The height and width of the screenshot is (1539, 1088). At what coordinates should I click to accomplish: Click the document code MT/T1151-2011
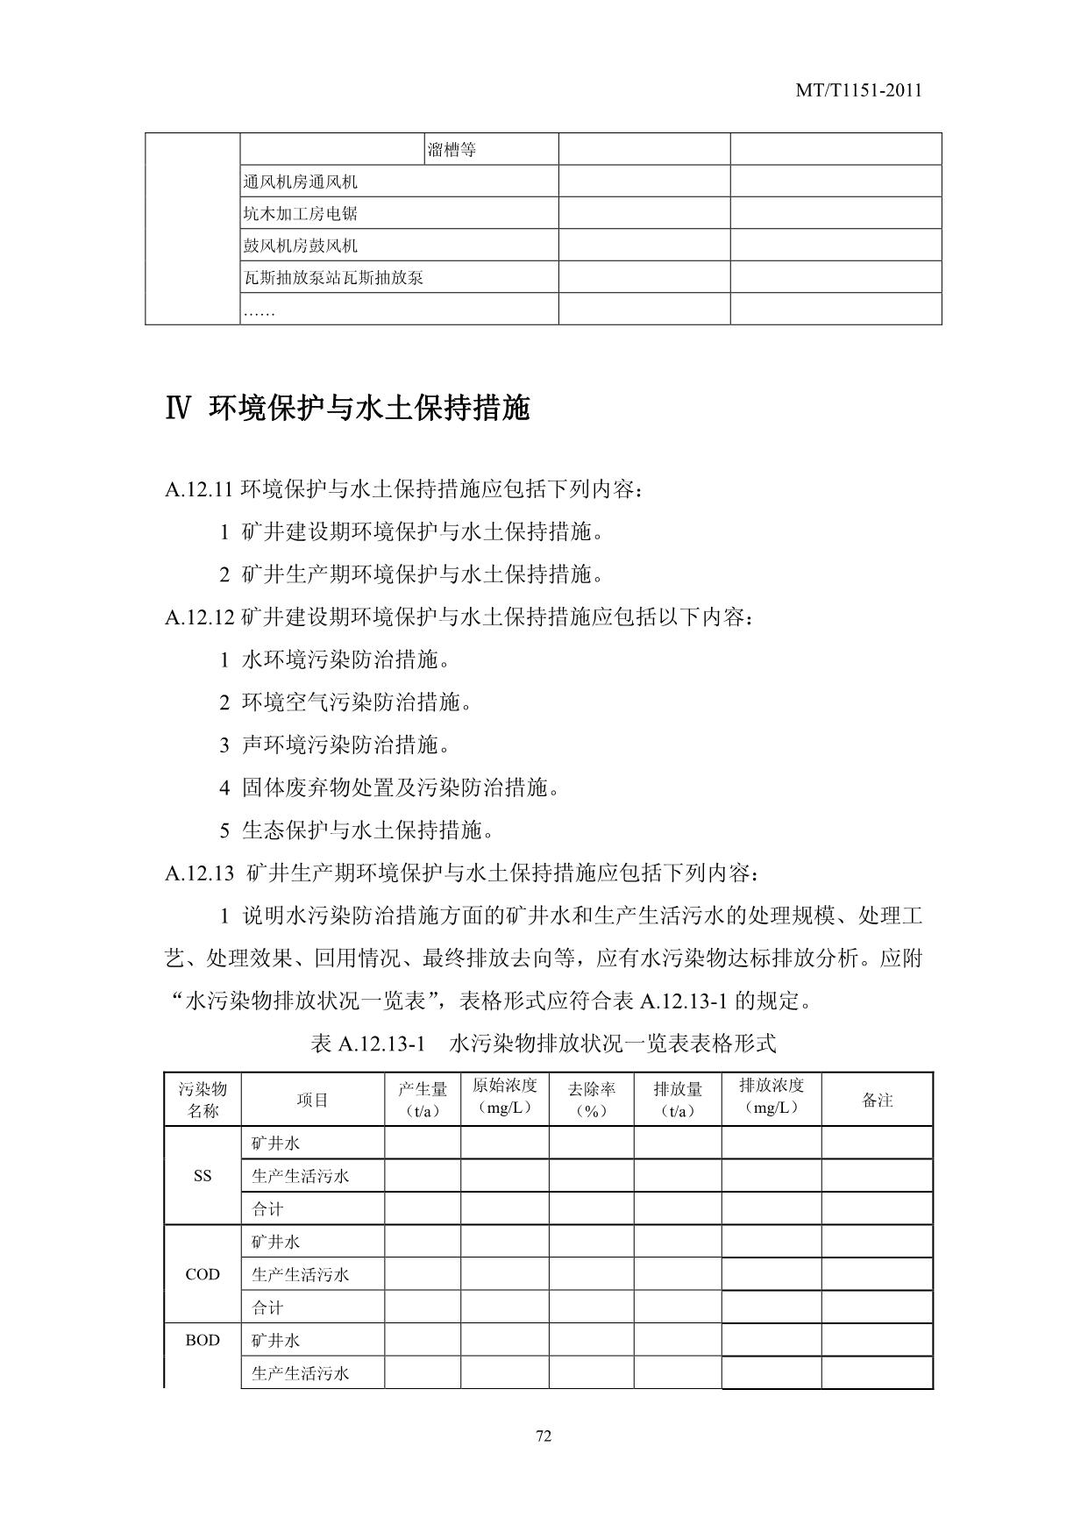[x=858, y=90]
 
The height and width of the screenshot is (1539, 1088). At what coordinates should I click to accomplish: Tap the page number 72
[x=544, y=1436]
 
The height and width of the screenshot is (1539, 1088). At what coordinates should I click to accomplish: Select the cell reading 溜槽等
[x=452, y=150]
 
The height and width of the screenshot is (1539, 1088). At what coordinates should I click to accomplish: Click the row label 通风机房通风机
[x=301, y=182]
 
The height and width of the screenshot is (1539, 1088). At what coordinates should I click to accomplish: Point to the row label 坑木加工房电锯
[x=301, y=214]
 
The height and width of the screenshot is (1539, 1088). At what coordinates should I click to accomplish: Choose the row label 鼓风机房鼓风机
[x=301, y=246]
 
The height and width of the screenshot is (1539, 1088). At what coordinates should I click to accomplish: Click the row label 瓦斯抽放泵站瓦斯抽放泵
[x=333, y=278]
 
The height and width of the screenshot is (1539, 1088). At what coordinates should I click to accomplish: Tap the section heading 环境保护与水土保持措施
[x=369, y=408]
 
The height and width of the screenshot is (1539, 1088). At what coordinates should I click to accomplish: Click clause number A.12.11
[x=199, y=489]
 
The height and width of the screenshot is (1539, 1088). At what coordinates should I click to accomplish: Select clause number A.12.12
[x=199, y=617]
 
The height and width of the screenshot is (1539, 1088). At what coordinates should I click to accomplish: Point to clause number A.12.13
[x=199, y=873]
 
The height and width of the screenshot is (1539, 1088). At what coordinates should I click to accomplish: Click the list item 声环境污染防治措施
[x=346, y=745]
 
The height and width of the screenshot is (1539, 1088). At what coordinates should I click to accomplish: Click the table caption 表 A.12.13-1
[x=367, y=1044]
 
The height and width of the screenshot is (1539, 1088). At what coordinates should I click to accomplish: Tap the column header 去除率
[x=591, y=1099]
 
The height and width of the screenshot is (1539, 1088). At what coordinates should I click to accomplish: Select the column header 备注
[x=877, y=1100]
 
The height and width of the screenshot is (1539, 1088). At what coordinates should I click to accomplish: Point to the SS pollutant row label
[x=203, y=1176]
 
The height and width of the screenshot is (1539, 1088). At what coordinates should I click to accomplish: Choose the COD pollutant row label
[x=203, y=1274]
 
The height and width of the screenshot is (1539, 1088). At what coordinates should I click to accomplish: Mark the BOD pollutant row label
[x=203, y=1341]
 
